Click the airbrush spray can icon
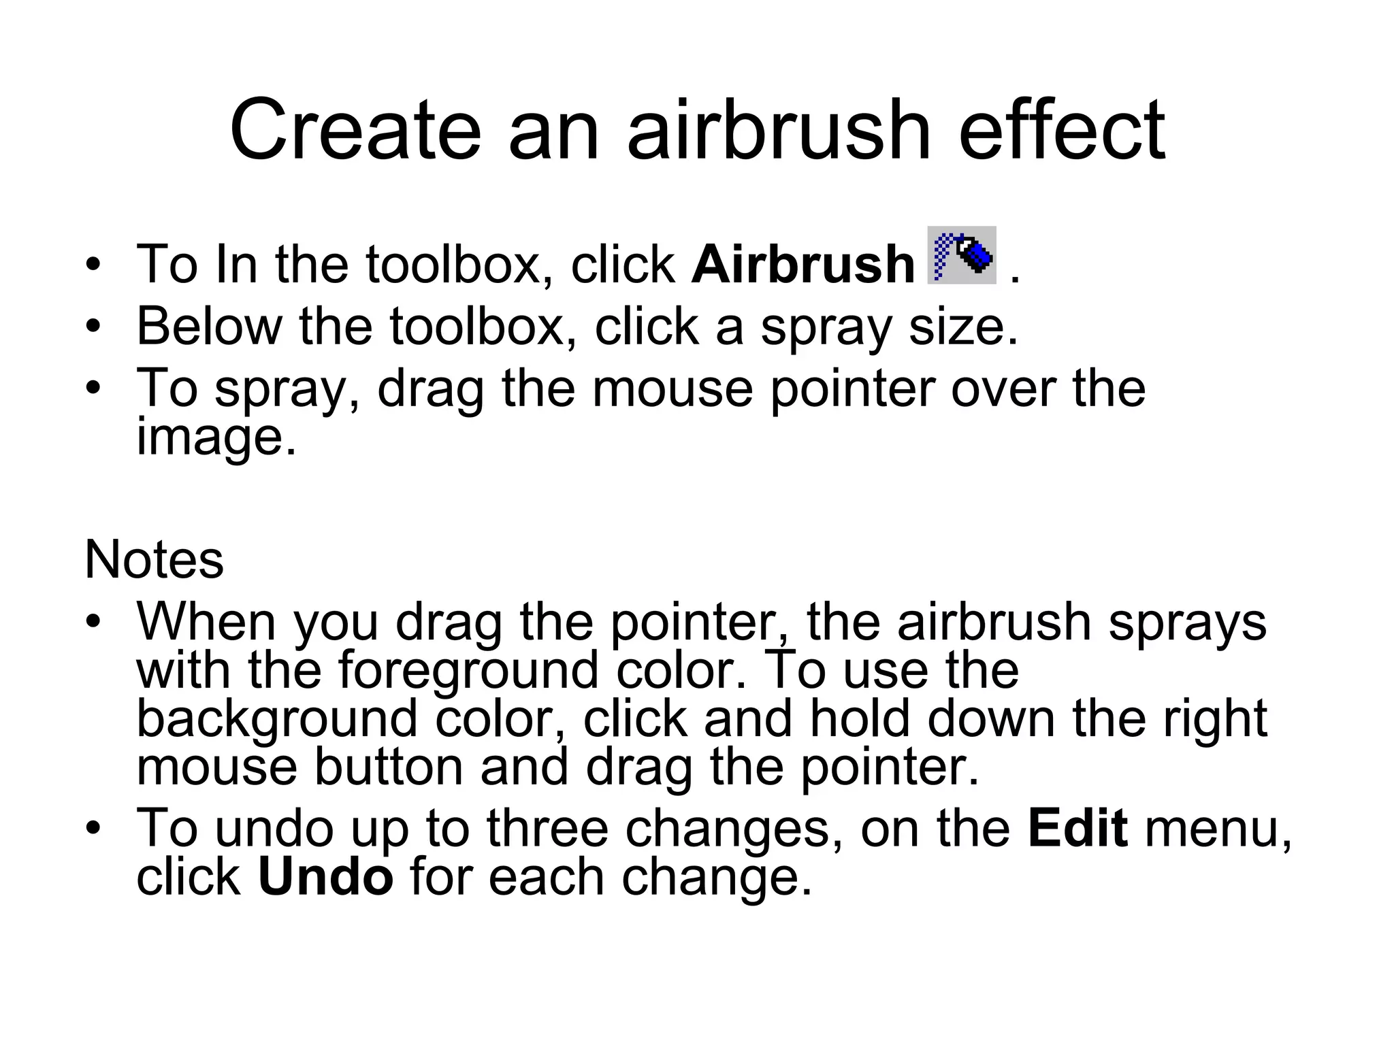(961, 255)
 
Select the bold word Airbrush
(803, 265)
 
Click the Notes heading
(154, 560)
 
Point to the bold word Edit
(1077, 828)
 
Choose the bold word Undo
(325, 877)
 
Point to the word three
(547, 828)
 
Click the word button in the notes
(389, 767)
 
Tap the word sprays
(1187, 623)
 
